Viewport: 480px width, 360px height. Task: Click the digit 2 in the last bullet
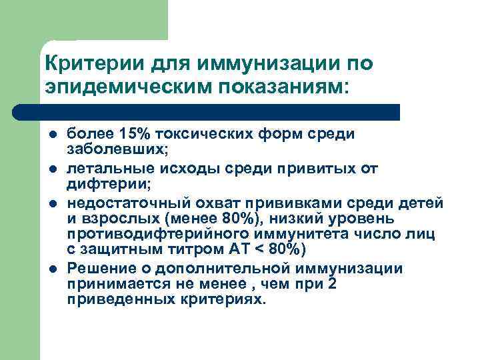click(x=333, y=283)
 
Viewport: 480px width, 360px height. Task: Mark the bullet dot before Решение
click(x=52, y=269)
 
